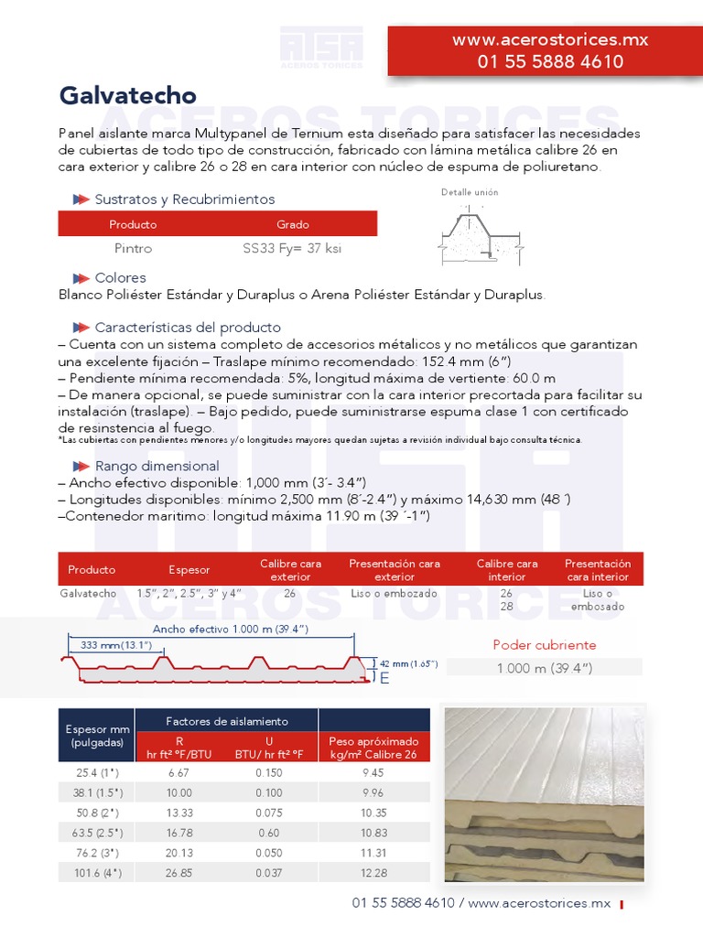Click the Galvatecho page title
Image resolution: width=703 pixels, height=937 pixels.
[x=127, y=96]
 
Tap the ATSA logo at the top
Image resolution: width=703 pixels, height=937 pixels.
[x=320, y=47]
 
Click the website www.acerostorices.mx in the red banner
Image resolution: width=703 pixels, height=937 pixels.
[x=550, y=40]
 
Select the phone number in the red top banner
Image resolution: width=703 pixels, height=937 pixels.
[x=550, y=62]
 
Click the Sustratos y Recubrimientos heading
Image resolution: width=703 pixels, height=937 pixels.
[x=184, y=199]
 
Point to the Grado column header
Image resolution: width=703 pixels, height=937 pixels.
[x=293, y=224]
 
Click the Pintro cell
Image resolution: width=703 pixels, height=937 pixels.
[x=133, y=248]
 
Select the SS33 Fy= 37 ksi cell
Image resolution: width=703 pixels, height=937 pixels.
[x=292, y=248]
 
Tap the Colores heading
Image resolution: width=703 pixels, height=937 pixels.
[x=120, y=278]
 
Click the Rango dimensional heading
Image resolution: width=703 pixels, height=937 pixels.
[x=157, y=467]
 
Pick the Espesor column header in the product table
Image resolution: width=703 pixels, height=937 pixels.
[x=189, y=570]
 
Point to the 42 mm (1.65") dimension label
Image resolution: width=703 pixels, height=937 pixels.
[x=408, y=663]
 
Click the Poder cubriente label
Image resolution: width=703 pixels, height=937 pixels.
[x=544, y=645]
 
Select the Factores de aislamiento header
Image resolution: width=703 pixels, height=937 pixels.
[x=226, y=722]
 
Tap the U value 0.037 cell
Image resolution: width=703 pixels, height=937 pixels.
[x=268, y=873]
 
